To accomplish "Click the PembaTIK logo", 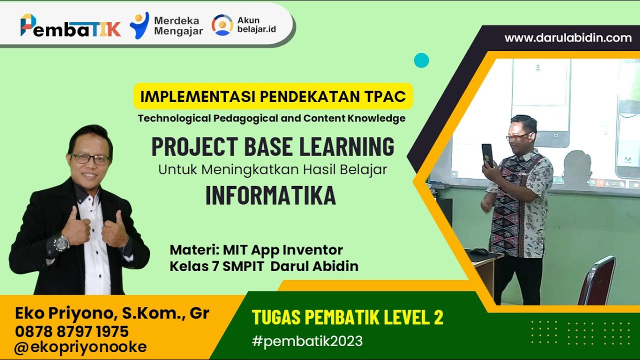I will pos(70,25).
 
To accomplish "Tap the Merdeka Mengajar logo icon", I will pos(139,25).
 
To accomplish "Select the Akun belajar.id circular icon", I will pos(222,25).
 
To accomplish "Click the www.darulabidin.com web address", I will pos(568,38).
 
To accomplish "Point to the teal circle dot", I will pos(421,60).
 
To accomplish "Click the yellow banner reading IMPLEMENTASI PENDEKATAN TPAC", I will pos(273,96).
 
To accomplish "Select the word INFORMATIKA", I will pos(270,196).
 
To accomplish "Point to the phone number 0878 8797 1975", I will pos(71,331).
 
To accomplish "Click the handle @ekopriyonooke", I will pos(80,347).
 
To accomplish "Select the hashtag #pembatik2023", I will pos(307,341).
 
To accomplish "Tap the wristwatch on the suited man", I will pos(61,243).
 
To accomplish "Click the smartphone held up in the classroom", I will pos(487,154).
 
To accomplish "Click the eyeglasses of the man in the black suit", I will pos(90,159).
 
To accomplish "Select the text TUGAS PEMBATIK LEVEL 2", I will pos(347,317).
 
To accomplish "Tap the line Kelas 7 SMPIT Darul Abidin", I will pos(264,266).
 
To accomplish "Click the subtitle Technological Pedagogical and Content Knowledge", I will pos(271,118).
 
